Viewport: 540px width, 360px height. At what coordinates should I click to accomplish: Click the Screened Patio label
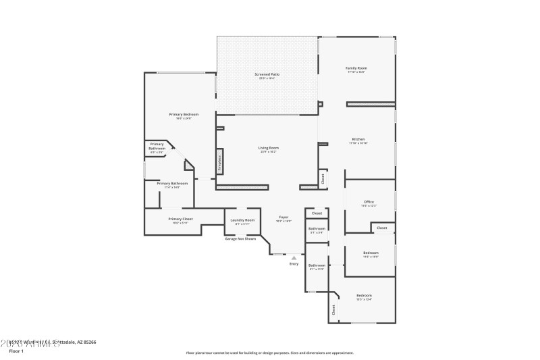pos(267,74)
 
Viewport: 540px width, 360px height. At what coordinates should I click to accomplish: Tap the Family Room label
pos(356,68)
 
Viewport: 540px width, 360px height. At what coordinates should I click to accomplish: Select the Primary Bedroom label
pos(184,115)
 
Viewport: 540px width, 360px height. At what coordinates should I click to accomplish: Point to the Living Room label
pos(268,148)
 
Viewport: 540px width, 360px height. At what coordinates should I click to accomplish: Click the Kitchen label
pos(358,140)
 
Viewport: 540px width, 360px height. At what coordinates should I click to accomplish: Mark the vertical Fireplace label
pos(219,163)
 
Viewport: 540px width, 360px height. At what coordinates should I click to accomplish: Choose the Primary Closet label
pos(180,219)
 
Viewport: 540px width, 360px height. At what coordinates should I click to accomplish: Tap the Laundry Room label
pos(242,220)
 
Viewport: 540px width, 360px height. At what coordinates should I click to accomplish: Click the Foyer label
pos(284,217)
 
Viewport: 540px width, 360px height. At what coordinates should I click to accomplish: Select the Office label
pos(369,202)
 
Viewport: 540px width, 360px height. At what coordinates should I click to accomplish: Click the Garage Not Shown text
pos(240,238)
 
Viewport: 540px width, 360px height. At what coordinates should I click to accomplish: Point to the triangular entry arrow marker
pos(294,257)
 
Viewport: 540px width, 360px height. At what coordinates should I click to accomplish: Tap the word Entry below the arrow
pos(294,263)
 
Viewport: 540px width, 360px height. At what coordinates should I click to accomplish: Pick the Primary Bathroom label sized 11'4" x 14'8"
pos(172,184)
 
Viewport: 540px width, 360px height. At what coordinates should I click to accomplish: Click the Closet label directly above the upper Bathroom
pos(317,213)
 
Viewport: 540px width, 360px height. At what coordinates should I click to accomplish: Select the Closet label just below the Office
pos(382,228)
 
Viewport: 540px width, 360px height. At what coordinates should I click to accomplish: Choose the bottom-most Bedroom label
pos(364,296)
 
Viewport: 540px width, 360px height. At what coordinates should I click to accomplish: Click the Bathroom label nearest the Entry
pos(317,265)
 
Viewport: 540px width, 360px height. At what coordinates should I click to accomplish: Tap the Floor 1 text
pos(16,351)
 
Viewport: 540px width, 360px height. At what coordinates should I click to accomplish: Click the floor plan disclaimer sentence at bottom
pos(270,353)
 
